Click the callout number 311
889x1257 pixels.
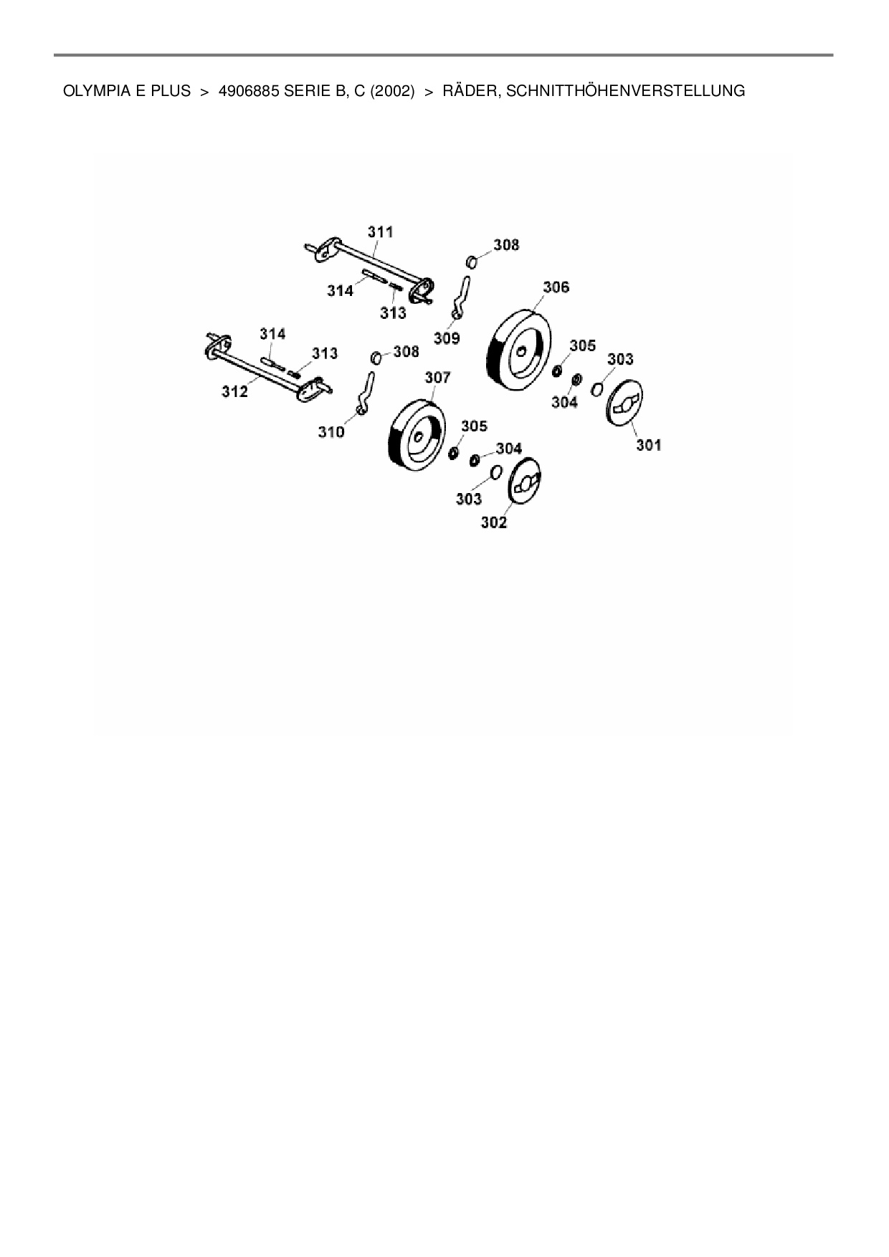coord(381,231)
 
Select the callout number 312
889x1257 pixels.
coord(234,391)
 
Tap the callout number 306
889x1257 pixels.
coord(556,287)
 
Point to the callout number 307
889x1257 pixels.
coord(437,377)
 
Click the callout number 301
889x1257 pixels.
coord(648,445)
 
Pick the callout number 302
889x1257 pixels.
coord(493,522)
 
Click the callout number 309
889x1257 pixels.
coord(447,338)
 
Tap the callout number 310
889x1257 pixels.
coord(331,431)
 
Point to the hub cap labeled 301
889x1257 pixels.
coord(624,405)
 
